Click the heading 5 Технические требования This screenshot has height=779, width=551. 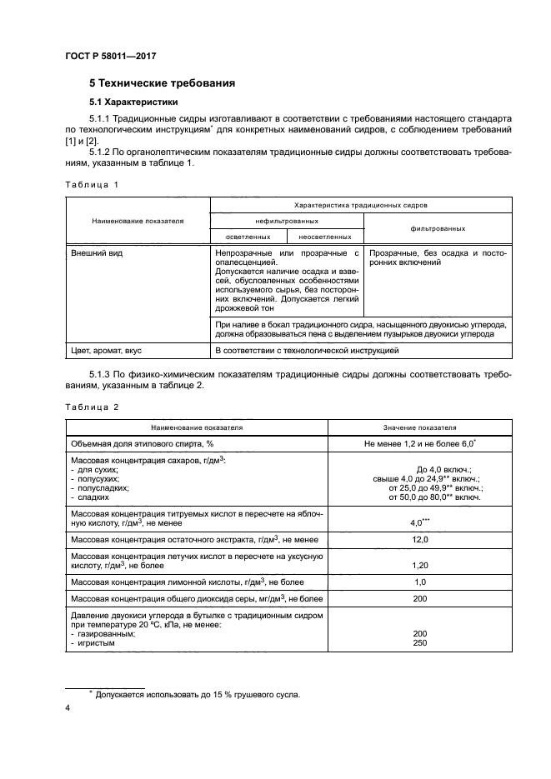[x=162, y=83]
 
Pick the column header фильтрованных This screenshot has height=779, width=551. [x=437, y=227]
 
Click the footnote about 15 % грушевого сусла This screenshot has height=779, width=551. [x=196, y=694]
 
